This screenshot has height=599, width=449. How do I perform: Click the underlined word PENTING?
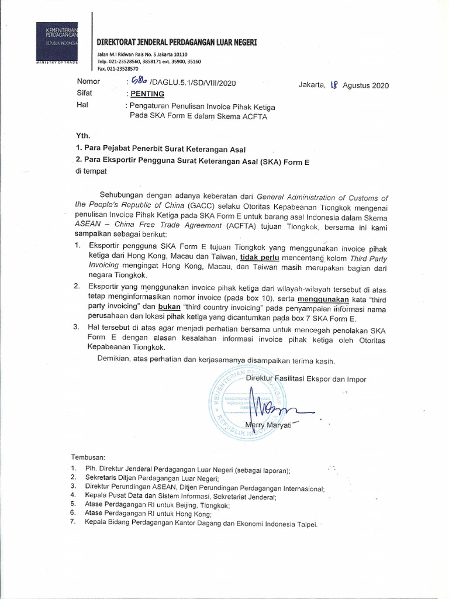pyautogui.click(x=147, y=94)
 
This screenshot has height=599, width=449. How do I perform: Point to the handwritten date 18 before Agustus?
pyautogui.click(x=334, y=84)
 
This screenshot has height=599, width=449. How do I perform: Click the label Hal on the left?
pyautogui.click(x=82, y=105)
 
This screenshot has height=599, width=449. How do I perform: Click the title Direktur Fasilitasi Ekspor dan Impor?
pyautogui.click(x=306, y=379)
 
